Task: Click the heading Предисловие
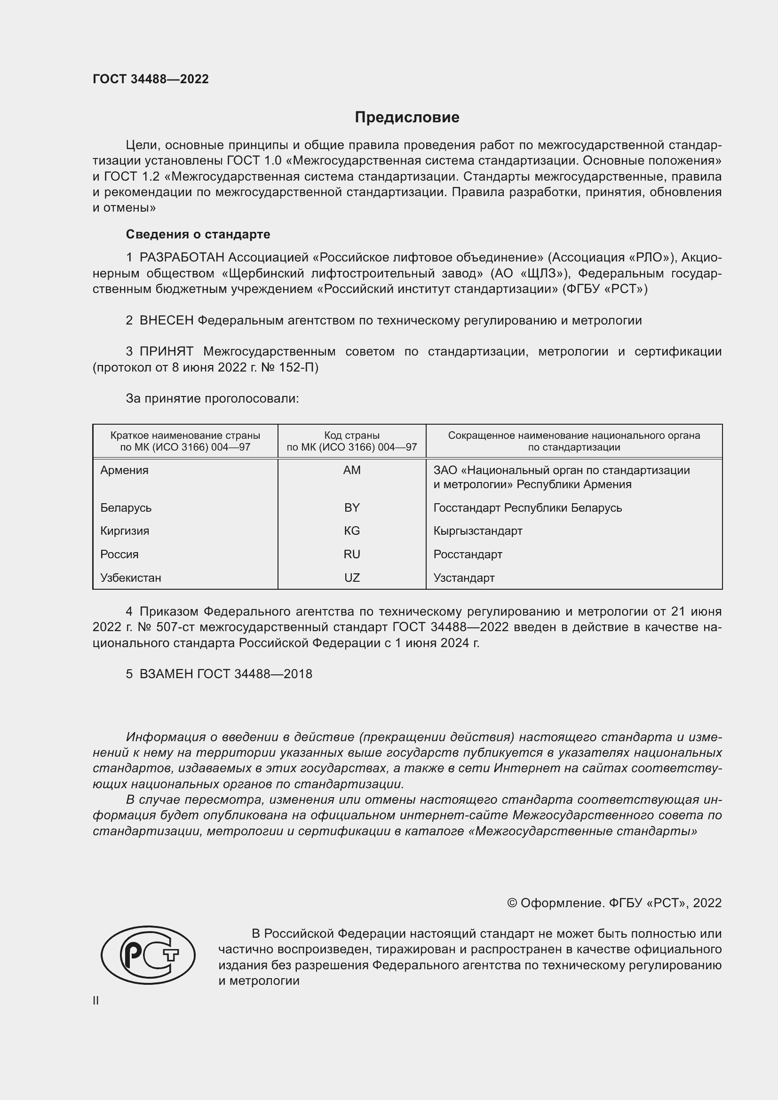click(407, 118)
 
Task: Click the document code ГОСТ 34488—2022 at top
click(151, 79)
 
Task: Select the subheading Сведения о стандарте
click(198, 234)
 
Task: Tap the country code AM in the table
click(352, 470)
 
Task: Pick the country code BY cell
click(352, 507)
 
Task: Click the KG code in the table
click(352, 531)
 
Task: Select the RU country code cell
click(352, 554)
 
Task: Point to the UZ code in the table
click(352, 578)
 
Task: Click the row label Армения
click(124, 470)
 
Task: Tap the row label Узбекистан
click(130, 578)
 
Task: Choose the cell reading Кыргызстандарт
click(477, 531)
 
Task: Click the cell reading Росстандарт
click(468, 554)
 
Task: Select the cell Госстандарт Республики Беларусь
click(527, 507)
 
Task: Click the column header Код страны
click(352, 435)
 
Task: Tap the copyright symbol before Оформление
click(512, 903)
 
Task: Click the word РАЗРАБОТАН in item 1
click(182, 258)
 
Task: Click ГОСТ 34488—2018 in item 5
click(254, 674)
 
